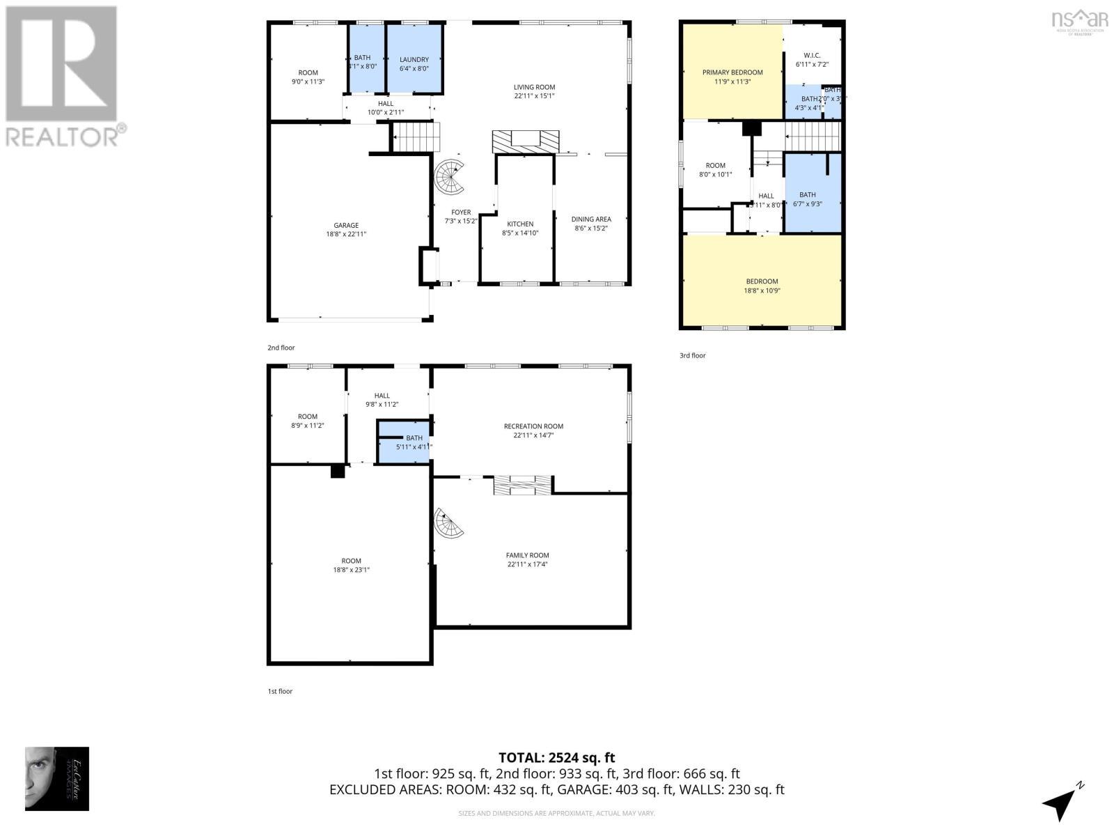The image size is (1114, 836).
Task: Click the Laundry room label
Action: click(x=414, y=60)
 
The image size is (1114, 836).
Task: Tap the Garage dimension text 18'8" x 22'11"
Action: click(x=345, y=235)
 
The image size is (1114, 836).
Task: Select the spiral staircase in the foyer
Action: click(x=450, y=178)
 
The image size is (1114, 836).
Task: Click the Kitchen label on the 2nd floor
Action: click(x=519, y=224)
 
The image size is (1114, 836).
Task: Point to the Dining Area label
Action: click(x=591, y=219)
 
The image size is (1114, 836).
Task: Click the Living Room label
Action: click(x=534, y=88)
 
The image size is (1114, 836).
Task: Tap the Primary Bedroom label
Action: click(x=732, y=72)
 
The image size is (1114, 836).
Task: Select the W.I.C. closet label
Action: click(x=812, y=55)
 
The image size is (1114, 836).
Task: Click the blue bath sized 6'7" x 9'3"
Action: click(x=808, y=199)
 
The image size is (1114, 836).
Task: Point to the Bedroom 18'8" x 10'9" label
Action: click(x=762, y=282)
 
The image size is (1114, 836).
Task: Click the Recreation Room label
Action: click(x=533, y=426)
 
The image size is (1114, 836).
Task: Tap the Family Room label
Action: click(x=527, y=555)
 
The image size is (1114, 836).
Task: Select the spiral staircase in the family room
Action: click(x=449, y=523)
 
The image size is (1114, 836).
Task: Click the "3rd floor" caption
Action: click(x=692, y=356)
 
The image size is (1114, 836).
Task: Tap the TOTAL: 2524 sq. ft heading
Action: click(x=556, y=757)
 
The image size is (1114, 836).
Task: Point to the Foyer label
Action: click(x=461, y=212)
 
